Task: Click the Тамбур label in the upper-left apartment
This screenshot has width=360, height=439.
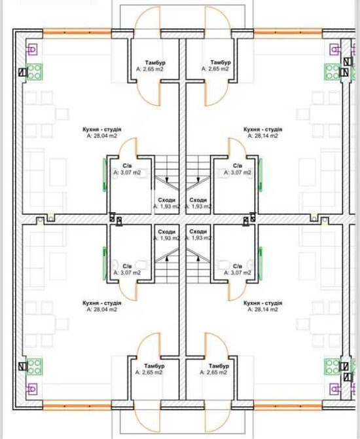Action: pyautogui.click(x=155, y=62)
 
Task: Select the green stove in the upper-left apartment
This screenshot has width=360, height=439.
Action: pyautogui.click(x=35, y=72)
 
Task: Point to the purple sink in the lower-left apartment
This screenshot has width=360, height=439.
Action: pyautogui.click(x=31, y=389)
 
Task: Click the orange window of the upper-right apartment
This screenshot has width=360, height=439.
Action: pyautogui.click(x=288, y=33)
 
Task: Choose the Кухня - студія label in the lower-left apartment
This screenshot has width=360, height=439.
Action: pyautogui.click(x=102, y=303)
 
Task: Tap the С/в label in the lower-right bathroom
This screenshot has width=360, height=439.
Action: pyautogui.click(x=238, y=266)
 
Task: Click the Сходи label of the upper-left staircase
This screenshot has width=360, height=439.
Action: pyautogui.click(x=167, y=200)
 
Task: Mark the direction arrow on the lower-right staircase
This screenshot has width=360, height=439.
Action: pyautogui.click(x=198, y=259)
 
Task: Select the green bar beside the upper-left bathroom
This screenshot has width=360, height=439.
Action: pyautogui.click(x=105, y=175)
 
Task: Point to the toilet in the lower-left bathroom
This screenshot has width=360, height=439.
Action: pyautogui.click(x=141, y=265)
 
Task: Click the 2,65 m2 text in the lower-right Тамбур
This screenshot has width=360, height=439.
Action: pyautogui.click(x=213, y=372)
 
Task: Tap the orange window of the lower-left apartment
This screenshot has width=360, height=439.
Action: pyautogui.click(x=77, y=406)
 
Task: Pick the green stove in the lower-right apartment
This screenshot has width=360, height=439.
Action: pyautogui.click(x=333, y=367)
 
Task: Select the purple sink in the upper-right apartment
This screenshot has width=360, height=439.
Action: pyautogui.click(x=335, y=50)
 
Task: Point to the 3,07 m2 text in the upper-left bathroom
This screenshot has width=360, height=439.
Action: pyautogui.click(x=127, y=172)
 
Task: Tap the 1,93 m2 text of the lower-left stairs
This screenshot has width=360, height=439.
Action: pyautogui.click(x=167, y=238)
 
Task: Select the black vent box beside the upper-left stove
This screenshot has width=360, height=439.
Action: pyautogui.click(x=22, y=73)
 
